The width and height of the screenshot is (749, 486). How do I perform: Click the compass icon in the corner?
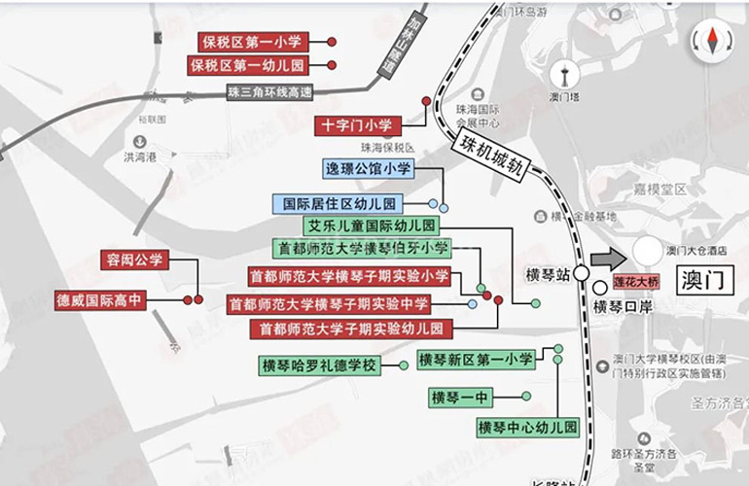711,40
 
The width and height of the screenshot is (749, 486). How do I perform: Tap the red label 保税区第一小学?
253,42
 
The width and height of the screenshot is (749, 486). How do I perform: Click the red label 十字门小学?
357,125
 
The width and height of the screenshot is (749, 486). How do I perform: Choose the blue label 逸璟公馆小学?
369,169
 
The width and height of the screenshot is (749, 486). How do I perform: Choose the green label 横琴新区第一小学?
476,360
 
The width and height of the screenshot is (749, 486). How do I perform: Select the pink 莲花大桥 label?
637,284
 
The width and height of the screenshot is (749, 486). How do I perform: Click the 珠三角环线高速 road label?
268,92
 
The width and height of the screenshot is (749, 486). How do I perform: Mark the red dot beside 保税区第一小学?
332,42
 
